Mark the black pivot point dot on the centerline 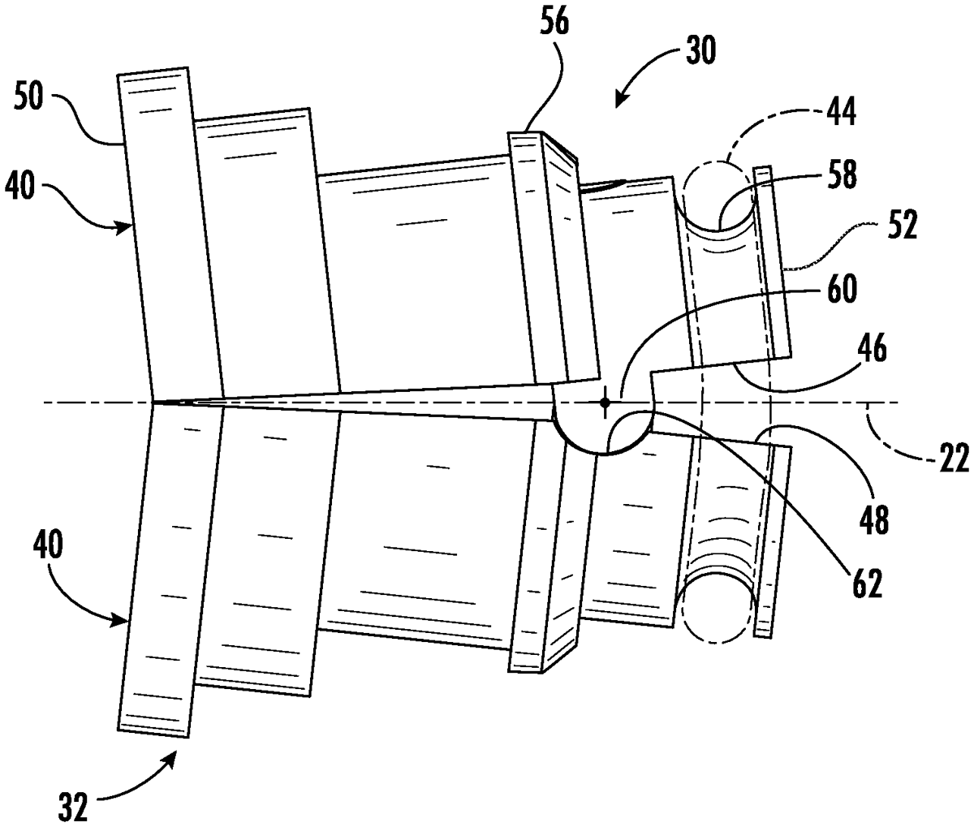click(x=605, y=403)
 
